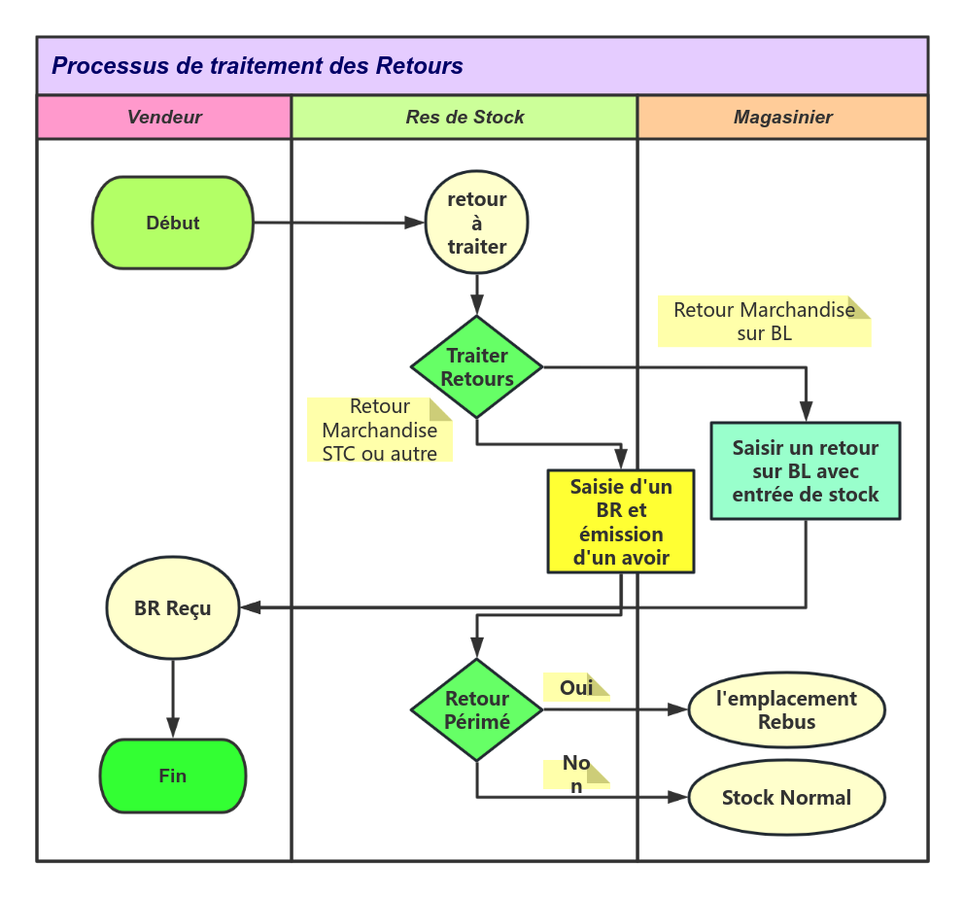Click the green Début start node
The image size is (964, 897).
pos(173,223)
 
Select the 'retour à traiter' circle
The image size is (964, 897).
pos(477,223)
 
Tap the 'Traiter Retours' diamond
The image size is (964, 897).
pos(477,367)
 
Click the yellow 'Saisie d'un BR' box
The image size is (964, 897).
pos(621,522)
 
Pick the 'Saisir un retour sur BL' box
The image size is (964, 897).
pos(806,471)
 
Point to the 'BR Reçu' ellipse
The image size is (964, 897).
pos(173,608)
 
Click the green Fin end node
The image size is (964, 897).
pos(173,776)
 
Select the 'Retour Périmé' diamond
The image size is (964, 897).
pos(477,710)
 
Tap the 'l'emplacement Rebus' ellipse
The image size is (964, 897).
pos(786,709)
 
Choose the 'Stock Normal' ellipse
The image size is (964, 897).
pos(786,798)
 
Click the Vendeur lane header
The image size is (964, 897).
pos(164,118)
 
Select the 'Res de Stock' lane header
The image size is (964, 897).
pos(465,118)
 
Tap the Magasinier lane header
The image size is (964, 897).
pos(782,118)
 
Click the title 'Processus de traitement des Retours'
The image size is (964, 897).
pos(258,66)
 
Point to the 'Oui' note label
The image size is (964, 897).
pos(576,687)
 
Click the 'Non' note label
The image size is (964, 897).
pos(576,774)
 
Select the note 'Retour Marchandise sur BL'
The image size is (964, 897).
pos(764,322)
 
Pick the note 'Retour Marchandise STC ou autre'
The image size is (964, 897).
pos(379,430)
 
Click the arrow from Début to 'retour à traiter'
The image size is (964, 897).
pos(340,223)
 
